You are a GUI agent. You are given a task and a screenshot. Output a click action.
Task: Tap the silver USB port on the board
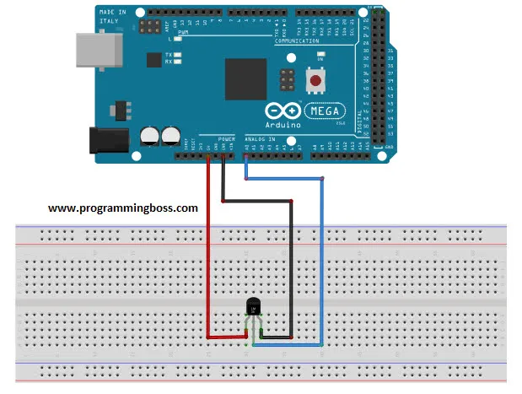(96, 50)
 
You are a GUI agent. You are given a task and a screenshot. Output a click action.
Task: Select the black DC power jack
(110, 138)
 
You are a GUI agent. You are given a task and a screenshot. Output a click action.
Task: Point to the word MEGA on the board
(321, 110)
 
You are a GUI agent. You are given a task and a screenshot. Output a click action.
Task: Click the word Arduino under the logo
(283, 124)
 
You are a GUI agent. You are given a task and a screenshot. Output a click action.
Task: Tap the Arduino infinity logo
(283, 111)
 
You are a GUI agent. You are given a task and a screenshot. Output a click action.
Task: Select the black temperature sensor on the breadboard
(254, 307)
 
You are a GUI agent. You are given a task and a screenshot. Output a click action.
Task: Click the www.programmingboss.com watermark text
(123, 207)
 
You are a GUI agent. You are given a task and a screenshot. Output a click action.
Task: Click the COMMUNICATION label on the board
(297, 40)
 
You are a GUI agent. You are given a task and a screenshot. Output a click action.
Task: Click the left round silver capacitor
(150, 134)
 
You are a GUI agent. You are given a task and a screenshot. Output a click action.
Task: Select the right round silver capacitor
(172, 134)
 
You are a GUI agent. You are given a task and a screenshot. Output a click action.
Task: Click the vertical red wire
(208, 253)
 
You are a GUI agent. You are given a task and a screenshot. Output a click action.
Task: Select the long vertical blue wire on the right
(322, 262)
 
